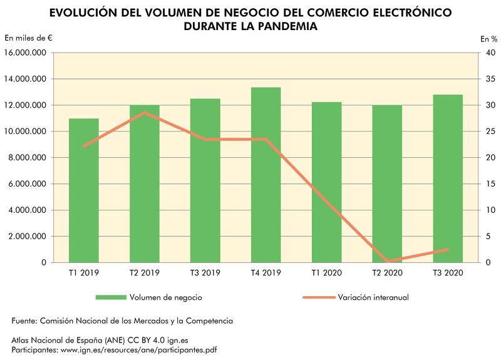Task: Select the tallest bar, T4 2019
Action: [x=266, y=175]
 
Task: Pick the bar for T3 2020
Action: [x=448, y=178]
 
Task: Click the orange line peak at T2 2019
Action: [x=145, y=113]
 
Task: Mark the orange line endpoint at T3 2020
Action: [x=448, y=249]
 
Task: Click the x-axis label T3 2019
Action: [x=205, y=273]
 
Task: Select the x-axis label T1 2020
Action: [x=326, y=273]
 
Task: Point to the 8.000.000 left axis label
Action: [x=27, y=158]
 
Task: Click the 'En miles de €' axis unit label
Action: [x=28, y=38]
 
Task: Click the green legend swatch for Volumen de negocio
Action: [x=110, y=297]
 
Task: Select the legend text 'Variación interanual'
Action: [x=373, y=297]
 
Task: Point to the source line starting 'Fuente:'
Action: [x=122, y=321]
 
